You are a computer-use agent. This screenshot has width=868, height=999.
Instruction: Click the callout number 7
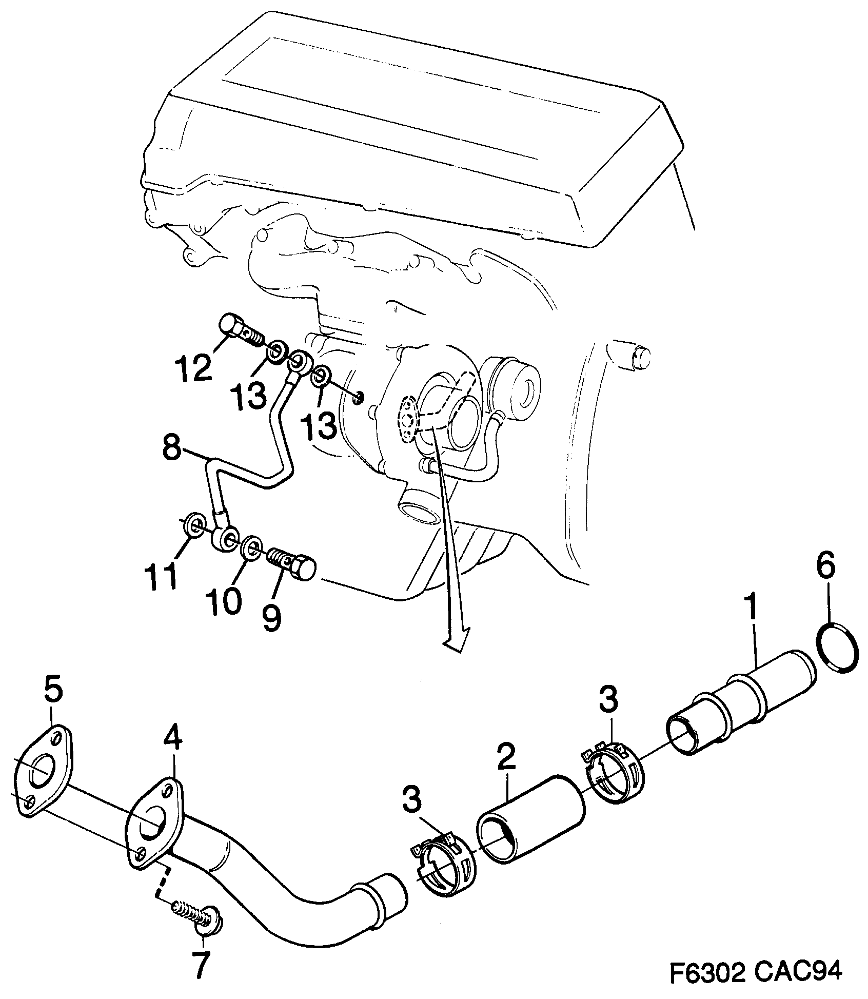(201, 966)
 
